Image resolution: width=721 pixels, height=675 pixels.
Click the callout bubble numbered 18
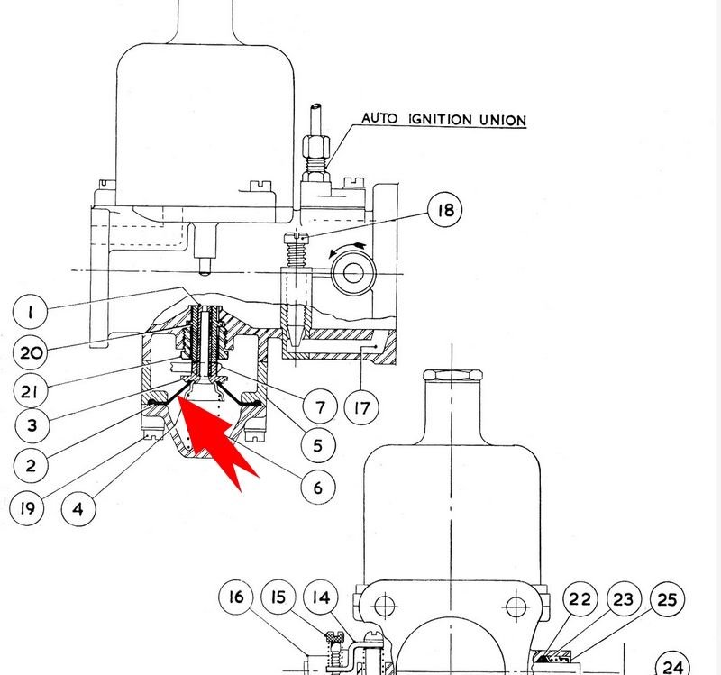444,210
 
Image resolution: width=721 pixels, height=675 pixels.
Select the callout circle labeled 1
30,312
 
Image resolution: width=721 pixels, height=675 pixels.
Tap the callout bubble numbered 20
31,352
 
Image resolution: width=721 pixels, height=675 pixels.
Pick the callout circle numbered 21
30,391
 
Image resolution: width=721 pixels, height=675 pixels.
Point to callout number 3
32,424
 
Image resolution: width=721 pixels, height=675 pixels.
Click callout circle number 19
27,508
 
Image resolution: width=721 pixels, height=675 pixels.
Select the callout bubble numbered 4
78,509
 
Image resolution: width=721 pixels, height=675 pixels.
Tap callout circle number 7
320,407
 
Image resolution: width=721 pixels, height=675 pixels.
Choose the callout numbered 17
362,407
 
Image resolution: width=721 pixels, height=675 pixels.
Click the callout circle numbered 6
318,487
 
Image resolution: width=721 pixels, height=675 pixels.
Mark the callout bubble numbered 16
236,597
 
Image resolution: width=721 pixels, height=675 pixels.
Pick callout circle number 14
321,597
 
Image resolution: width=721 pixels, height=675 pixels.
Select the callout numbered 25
667,599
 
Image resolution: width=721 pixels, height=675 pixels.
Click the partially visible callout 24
672,664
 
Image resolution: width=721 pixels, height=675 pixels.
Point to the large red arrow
215,438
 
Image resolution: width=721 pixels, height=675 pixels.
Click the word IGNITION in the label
440,119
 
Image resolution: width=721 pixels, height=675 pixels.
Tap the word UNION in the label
503,121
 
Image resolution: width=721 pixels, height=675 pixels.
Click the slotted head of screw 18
296,238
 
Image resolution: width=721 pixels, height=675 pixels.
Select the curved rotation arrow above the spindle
348,249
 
